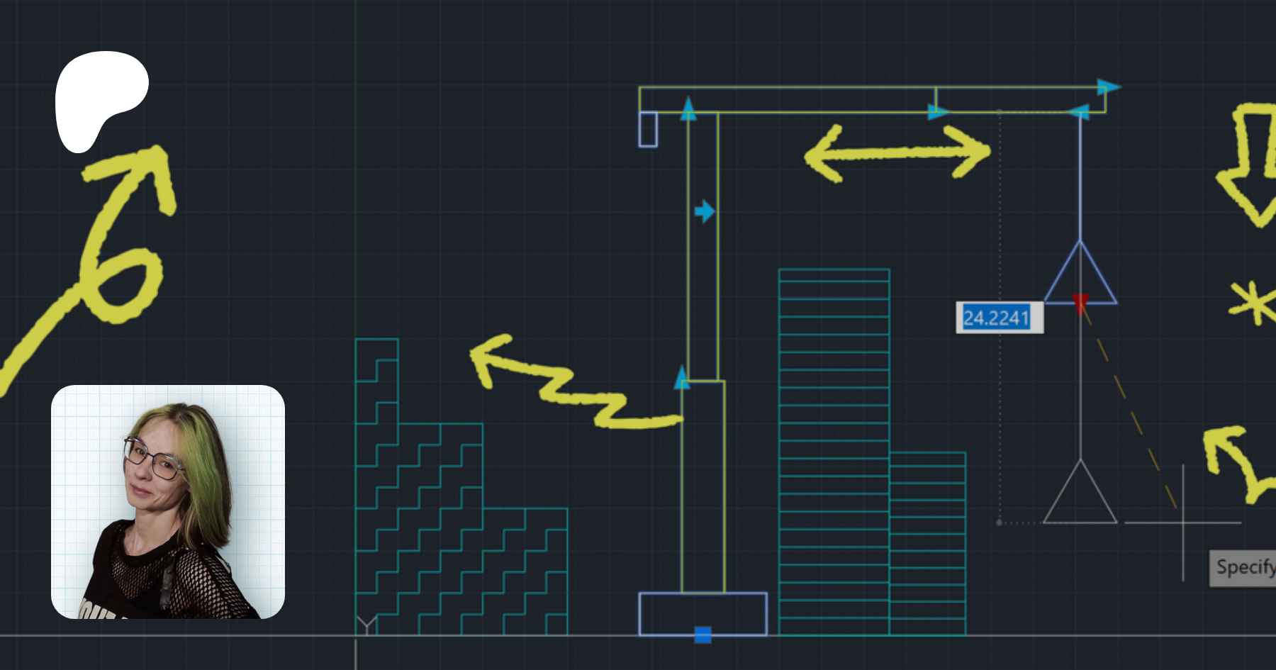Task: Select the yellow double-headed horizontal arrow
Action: click(897, 153)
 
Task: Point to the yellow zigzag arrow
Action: click(567, 386)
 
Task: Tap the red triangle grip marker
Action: click(1080, 303)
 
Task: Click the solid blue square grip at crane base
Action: click(703, 635)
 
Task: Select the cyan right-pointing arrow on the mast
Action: click(705, 211)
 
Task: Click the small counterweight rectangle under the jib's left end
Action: click(648, 129)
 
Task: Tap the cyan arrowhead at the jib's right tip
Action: click(1109, 86)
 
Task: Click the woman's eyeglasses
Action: click(152, 459)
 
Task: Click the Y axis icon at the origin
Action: click(366, 625)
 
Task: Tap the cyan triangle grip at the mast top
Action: click(688, 108)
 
